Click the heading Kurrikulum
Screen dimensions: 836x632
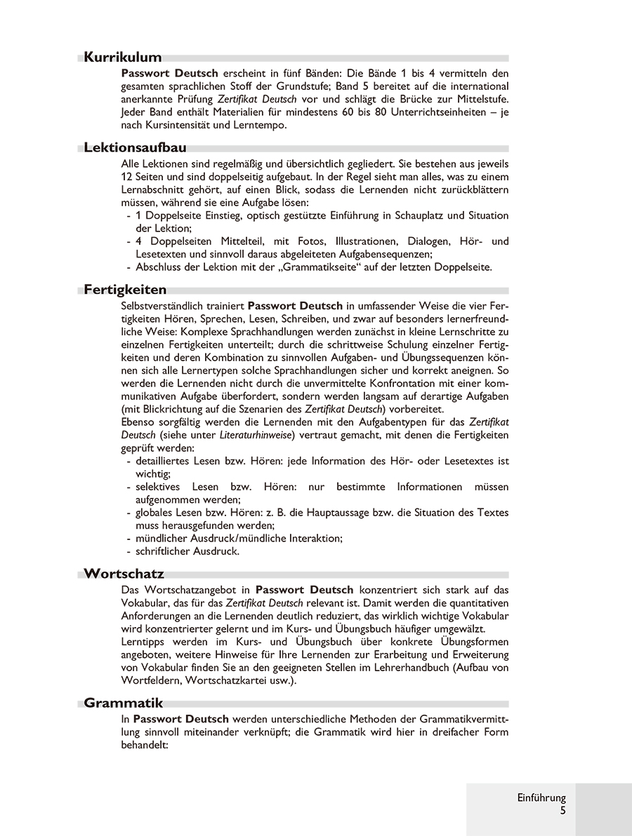tap(123, 58)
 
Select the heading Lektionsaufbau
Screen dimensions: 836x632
tap(135, 148)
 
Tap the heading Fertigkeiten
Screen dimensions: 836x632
tap(125, 290)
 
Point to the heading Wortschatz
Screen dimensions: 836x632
tap(124, 574)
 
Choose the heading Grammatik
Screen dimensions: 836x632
tap(123, 703)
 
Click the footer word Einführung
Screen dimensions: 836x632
tap(541, 797)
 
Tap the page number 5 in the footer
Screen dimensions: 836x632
tap(562, 810)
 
